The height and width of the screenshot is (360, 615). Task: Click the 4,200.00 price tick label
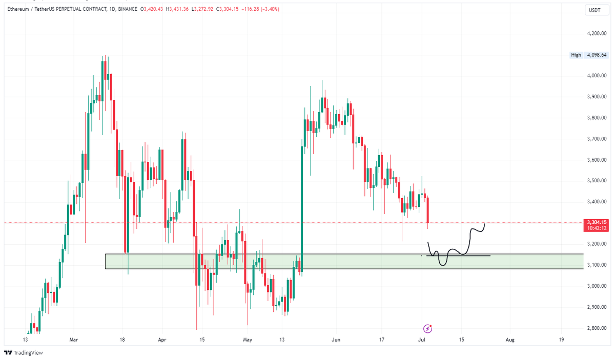point(597,34)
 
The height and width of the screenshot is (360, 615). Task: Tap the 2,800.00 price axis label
point(597,328)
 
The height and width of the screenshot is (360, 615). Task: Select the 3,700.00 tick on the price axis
point(597,139)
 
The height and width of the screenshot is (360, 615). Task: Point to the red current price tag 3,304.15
point(595,222)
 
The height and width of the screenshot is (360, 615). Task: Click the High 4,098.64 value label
point(595,55)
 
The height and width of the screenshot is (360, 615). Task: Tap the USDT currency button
point(594,10)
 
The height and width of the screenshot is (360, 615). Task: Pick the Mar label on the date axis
point(73,340)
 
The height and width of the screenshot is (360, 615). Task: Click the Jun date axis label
point(336,340)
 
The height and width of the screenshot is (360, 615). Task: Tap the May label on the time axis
point(247,340)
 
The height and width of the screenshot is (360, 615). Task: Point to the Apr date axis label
point(162,340)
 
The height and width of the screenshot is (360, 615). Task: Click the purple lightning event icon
point(427,328)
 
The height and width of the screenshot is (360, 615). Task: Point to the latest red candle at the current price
point(427,210)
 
